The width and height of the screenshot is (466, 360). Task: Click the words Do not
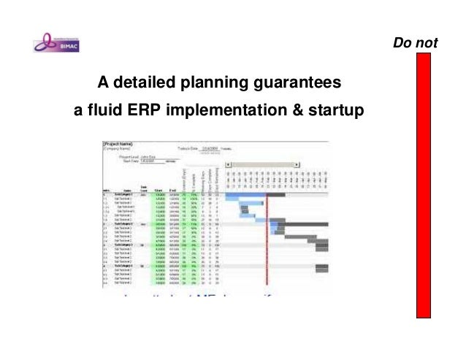[415, 44]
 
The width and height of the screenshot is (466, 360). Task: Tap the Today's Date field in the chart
[206, 149]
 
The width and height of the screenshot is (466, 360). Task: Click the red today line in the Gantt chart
[267, 241]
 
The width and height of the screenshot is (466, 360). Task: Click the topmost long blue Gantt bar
[246, 194]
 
